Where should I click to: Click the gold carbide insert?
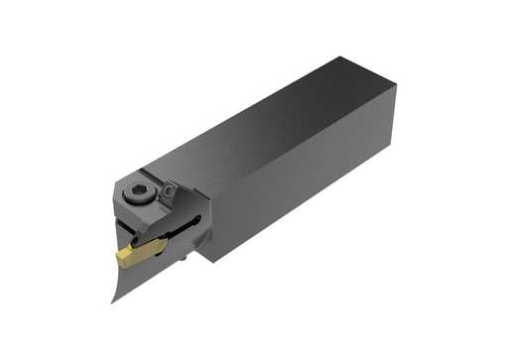[x=140, y=252]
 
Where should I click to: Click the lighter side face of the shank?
[x=308, y=179]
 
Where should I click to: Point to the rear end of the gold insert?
[x=164, y=244]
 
